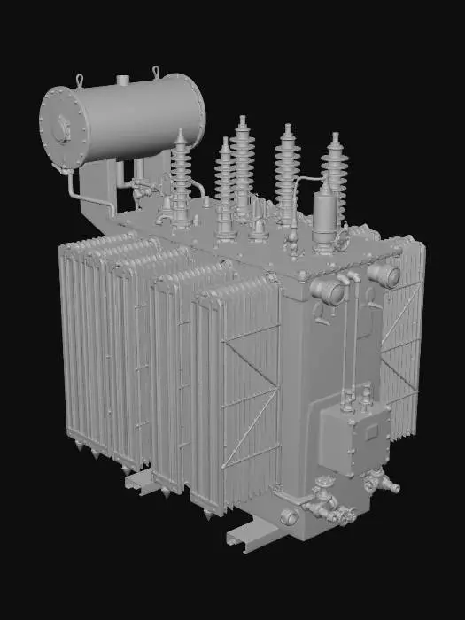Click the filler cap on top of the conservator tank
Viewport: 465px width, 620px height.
click(x=122, y=81)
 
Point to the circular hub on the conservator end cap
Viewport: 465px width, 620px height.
click(x=61, y=130)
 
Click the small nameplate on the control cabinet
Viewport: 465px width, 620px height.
click(x=371, y=431)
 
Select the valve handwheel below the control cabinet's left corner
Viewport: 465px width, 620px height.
click(x=322, y=484)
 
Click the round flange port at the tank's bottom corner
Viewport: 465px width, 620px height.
click(x=289, y=517)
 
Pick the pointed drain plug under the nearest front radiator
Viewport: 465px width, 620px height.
click(x=206, y=514)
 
